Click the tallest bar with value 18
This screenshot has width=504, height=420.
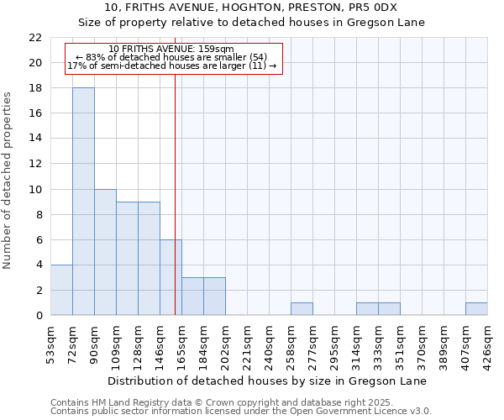[83, 202]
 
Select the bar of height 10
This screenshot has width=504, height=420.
[105, 252]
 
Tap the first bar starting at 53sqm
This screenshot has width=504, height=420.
[61, 290]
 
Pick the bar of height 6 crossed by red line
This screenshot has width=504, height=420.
[171, 277]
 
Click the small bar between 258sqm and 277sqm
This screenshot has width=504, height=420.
[302, 308]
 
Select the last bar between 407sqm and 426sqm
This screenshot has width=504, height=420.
[476, 308]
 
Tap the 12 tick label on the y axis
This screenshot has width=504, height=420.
[35, 164]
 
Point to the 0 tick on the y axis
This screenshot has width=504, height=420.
[39, 315]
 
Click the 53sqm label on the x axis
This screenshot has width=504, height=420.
[50, 343]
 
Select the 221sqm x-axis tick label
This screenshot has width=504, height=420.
[247, 343]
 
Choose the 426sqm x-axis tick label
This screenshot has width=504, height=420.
[487, 343]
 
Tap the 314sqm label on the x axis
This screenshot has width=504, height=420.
[356, 343]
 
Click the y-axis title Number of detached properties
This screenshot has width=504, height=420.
[8, 181]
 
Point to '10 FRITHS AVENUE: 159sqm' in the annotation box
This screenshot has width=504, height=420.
[171, 50]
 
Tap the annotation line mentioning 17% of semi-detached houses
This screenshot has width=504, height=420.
[171, 66]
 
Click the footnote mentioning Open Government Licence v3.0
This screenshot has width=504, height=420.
[241, 412]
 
